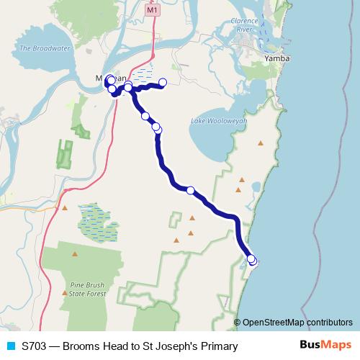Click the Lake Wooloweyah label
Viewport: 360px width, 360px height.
[218, 122]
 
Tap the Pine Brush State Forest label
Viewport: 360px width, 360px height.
[89, 290]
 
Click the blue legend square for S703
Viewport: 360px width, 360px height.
[11, 346]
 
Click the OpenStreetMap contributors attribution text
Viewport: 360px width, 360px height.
[297, 322]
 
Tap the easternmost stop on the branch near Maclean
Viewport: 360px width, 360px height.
[163, 82]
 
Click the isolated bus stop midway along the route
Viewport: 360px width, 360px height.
[191, 190]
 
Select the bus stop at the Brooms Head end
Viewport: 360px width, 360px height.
[252, 260]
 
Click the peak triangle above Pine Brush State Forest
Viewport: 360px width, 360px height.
[75, 253]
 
